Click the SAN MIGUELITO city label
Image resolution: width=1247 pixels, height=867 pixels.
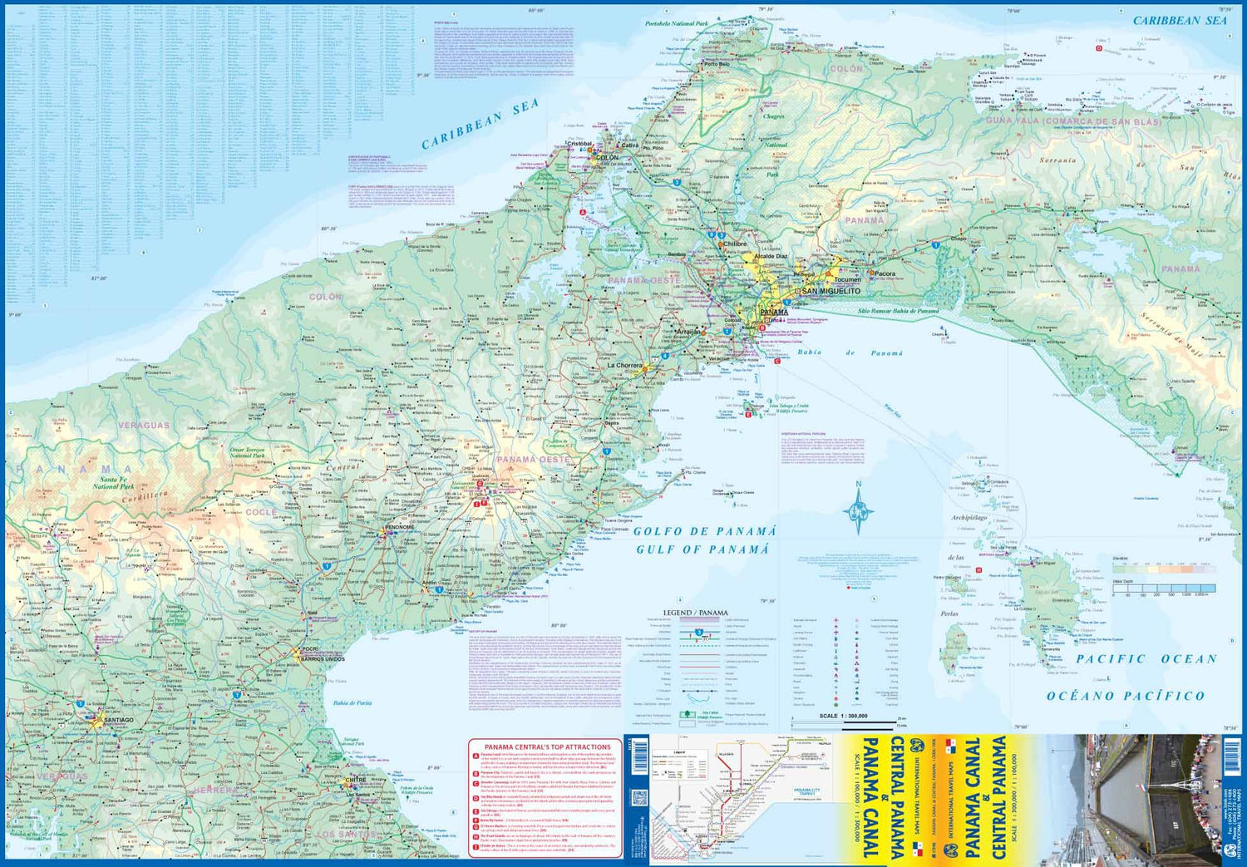(831, 292)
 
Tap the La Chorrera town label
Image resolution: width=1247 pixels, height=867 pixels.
(624, 365)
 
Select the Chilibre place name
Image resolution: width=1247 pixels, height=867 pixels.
(734, 244)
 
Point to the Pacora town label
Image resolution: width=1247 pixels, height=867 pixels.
(885, 273)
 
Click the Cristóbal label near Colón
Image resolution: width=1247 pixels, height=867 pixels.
(579, 144)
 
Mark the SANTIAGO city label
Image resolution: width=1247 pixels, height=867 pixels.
(114, 720)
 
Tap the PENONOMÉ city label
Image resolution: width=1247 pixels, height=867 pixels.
(399, 527)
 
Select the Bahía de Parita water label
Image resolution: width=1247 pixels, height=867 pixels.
(352, 702)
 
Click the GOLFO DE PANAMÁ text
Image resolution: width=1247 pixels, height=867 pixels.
(704, 531)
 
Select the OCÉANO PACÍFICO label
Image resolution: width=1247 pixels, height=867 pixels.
(1126, 696)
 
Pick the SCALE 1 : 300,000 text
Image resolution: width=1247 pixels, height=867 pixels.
(843, 716)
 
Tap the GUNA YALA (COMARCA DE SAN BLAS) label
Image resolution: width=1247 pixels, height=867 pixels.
(1073, 121)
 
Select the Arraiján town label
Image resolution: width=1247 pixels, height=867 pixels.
(688, 331)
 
